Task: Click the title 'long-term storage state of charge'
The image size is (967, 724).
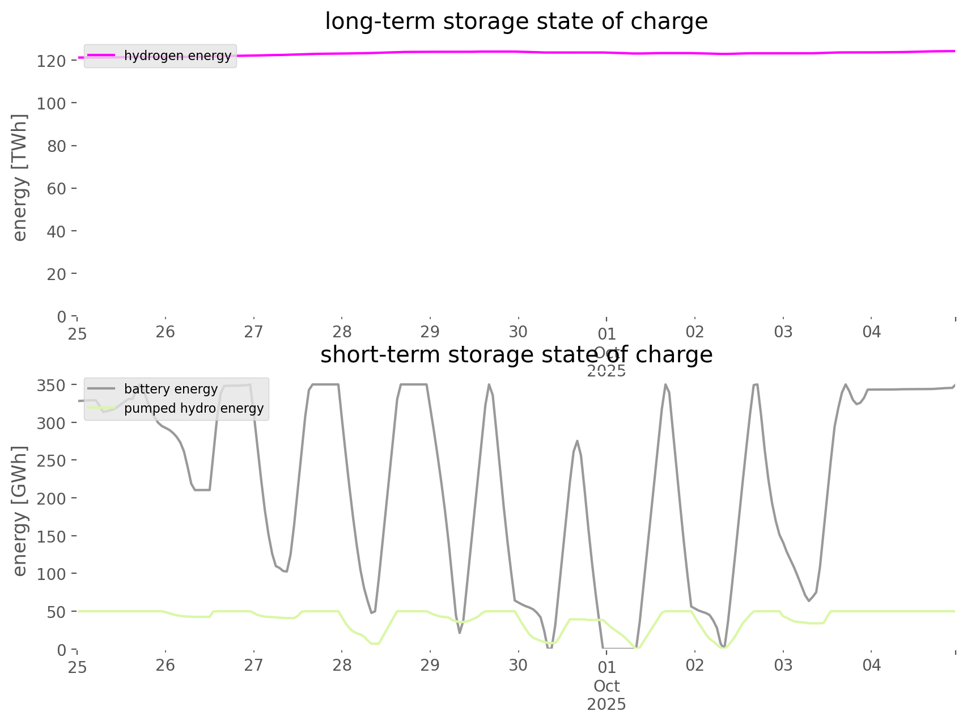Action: [516, 22]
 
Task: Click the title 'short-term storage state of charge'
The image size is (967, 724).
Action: [516, 355]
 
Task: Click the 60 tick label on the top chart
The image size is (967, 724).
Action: [57, 189]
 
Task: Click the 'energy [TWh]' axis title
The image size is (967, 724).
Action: [20, 177]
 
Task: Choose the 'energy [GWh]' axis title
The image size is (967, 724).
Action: [20, 511]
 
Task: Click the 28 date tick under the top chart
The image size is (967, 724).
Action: [342, 332]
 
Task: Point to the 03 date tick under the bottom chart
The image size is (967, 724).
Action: [783, 665]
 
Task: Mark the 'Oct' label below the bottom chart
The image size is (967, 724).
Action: [607, 687]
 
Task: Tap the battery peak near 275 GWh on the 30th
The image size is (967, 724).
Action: [577, 441]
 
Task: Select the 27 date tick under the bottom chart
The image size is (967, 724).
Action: [253, 665]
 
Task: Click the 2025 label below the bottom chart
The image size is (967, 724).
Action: [607, 705]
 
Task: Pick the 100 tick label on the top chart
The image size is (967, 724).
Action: [52, 103]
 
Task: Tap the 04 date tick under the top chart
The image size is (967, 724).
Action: [872, 332]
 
